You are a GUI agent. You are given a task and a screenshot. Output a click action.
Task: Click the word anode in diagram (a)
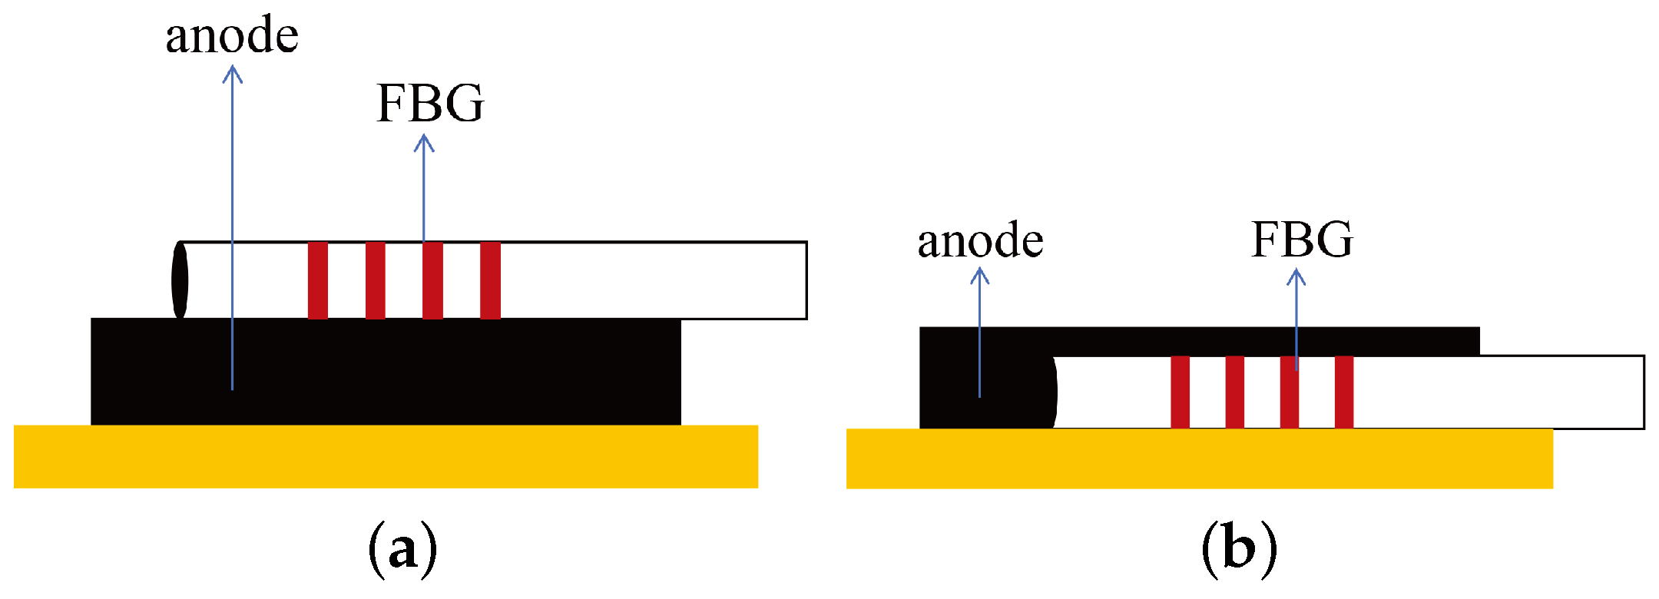tap(232, 37)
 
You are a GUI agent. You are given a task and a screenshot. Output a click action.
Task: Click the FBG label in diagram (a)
tap(430, 104)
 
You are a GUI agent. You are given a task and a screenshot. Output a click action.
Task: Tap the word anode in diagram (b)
tap(980, 241)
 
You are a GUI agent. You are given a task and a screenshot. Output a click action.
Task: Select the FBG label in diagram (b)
tap(1302, 240)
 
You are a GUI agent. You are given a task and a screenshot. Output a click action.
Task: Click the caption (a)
tap(402, 548)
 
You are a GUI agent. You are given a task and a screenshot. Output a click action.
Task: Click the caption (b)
tap(1239, 548)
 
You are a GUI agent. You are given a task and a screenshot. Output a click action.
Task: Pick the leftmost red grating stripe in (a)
tap(318, 280)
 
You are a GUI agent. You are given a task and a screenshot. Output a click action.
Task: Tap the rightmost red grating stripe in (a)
tap(490, 280)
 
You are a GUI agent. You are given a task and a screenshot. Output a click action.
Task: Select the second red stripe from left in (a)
tap(376, 280)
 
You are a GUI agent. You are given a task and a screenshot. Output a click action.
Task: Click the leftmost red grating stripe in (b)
tap(1181, 392)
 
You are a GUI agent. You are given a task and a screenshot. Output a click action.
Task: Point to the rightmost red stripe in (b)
tap(1344, 392)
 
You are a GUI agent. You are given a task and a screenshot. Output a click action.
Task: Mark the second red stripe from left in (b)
tap(1235, 392)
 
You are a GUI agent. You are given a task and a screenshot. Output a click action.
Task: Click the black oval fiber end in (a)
tap(180, 280)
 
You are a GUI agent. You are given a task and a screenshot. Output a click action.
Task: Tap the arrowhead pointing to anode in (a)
tap(233, 74)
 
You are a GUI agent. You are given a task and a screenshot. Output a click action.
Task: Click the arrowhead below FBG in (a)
tap(424, 143)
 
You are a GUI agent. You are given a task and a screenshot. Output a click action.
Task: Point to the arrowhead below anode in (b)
tap(979, 275)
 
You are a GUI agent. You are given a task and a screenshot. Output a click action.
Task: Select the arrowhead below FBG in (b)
tap(1296, 276)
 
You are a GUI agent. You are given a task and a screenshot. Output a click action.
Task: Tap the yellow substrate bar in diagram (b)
tap(1198, 458)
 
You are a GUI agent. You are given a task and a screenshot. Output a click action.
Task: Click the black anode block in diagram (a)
tap(461, 372)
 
